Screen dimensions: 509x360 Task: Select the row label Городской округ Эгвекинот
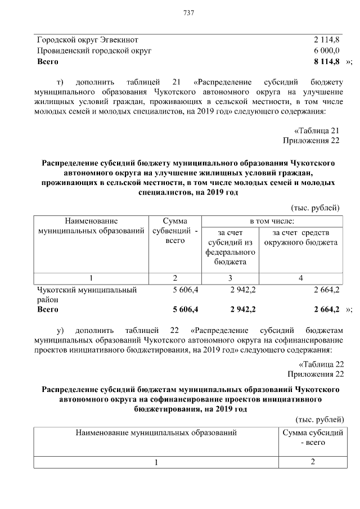(87, 40)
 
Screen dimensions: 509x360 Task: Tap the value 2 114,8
(326, 40)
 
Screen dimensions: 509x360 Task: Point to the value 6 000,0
(326, 51)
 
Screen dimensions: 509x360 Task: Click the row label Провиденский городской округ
(94, 51)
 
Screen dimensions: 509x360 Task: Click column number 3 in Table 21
(231, 278)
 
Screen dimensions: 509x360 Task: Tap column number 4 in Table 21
(301, 278)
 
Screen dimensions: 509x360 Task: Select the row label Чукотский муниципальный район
(87, 295)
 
